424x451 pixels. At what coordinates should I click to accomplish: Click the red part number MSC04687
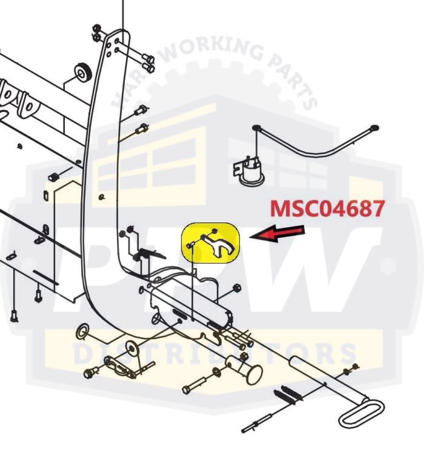tap(327, 208)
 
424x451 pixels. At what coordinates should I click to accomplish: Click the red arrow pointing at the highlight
tap(277, 234)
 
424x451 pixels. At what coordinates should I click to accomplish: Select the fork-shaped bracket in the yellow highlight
tap(220, 244)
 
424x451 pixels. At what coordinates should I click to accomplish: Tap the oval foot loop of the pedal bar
tap(361, 413)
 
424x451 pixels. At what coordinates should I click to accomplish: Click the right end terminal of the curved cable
tap(375, 128)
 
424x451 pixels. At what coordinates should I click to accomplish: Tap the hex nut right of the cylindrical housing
tap(236, 288)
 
